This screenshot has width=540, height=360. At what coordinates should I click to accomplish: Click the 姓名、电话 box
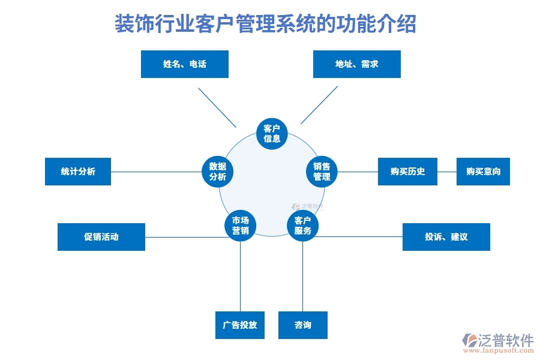click(184, 64)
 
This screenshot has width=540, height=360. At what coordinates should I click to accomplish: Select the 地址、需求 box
click(356, 64)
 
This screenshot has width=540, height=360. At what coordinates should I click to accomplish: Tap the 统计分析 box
click(78, 172)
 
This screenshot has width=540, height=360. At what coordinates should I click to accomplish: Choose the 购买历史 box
click(407, 172)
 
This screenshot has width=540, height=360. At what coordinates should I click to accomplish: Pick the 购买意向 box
click(483, 172)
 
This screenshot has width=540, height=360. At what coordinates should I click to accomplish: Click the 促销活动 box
click(101, 237)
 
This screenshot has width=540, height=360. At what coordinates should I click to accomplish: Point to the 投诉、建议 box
click(446, 237)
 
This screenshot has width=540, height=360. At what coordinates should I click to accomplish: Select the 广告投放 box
click(240, 325)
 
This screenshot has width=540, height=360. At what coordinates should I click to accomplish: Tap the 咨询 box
click(303, 325)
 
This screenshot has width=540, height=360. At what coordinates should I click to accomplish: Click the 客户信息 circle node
click(272, 134)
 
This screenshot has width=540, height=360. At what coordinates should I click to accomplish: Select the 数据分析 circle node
click(217, 172)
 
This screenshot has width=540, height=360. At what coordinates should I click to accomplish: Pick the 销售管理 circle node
click(322, 172)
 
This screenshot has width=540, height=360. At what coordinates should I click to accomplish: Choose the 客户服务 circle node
click(303, 226)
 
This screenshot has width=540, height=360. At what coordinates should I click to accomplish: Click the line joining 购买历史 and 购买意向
click(447, 172)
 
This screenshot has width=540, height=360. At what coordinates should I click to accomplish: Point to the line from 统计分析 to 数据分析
click(156, 172)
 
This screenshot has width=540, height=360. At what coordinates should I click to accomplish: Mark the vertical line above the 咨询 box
click(303, 276)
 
